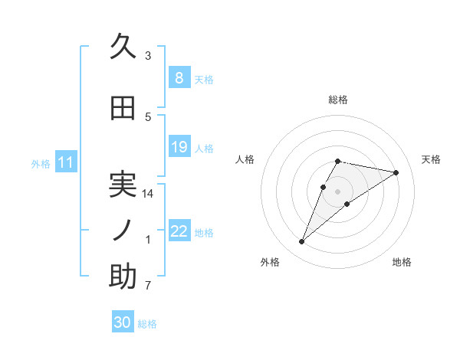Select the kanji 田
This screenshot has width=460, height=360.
point(123,109)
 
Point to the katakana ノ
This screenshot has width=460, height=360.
point(123,231)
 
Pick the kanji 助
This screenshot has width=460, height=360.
point(123,277)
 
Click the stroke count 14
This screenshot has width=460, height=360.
point(149,194)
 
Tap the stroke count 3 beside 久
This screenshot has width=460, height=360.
point(148,56)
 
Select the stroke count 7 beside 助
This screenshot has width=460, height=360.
point(148,286)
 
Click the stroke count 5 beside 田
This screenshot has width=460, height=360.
point(148,116)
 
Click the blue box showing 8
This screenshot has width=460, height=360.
point(179,78)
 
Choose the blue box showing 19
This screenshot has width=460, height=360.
point(179,147)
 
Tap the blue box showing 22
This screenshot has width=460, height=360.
point(179,231)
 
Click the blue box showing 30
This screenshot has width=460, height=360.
point(123,322)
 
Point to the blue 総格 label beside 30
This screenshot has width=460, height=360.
point(147,324)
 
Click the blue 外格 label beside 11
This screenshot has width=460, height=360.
point(41,163)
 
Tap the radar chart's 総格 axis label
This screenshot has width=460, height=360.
point(338,100)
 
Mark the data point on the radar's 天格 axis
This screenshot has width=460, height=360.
point(396,172)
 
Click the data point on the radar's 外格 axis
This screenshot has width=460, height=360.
point(302,242)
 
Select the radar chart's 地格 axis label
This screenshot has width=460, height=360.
point(402,263)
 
